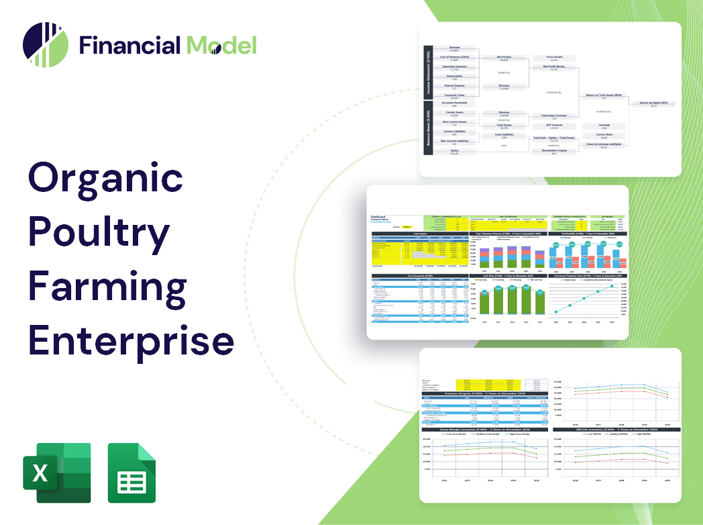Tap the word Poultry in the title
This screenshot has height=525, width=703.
[x=99, y=234]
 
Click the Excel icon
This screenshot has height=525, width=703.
[x=56, y=473]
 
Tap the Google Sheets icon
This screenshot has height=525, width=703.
[x=131, y=473]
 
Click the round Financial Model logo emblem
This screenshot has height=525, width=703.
[x=45, y=45]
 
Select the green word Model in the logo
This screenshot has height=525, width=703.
[x=221, y=46]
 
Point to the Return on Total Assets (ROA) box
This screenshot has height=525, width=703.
[x=604, y=97]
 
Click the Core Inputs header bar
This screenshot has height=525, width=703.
[x=421, y=234]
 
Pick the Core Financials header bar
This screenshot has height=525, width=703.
[x=421, y=276]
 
